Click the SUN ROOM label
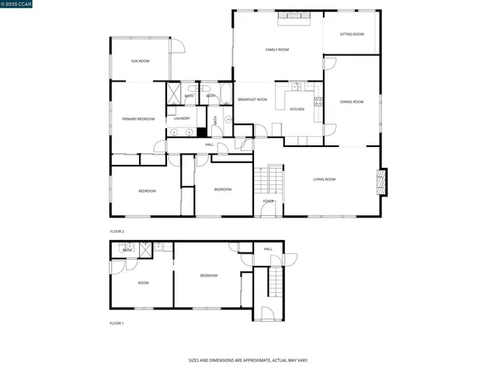coord(140,61)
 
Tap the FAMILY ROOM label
coord(277,50)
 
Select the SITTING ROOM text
coord(352,34)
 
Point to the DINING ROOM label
coord(352,102)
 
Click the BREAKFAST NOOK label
coord(252,100)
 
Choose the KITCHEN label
coord(297,110)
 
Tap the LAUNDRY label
coord(182,118)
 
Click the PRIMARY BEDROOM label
coord(138,119)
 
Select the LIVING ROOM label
coord(324,180)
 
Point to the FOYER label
coord(268,201)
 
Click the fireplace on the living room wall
coord(381,181)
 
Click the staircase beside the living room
coord(268,180)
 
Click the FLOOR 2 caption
coord(116,232)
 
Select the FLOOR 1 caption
coord(116,322)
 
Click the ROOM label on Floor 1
coord(143,283)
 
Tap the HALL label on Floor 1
coord(268,249)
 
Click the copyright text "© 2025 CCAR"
coord(17,5)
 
